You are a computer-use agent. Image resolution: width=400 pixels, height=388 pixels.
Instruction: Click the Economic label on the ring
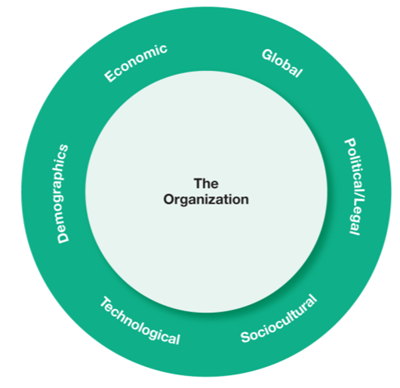(x=136, y=63)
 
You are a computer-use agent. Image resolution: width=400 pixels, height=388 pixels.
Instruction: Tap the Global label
(x=282, y=63)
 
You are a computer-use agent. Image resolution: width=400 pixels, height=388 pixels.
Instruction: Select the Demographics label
(x=63, y=194)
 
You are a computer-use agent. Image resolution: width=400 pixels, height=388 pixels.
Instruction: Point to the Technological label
(x=140, y=321)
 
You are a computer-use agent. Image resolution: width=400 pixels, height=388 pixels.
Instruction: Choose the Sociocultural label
(x=279, y=319)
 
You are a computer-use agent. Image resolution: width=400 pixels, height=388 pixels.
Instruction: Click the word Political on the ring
(x=355, y=167)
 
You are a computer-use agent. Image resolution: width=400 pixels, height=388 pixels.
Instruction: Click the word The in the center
(x=206, y=183)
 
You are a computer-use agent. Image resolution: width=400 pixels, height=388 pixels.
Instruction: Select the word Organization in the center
(x=206, y=199)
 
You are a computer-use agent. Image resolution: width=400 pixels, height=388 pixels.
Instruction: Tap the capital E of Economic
(x=110, y=75)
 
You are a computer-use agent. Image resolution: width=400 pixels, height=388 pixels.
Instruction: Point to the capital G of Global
(x=267, y=55)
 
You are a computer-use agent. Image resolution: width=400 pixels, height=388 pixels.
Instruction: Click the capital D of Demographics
(x=63, y=238)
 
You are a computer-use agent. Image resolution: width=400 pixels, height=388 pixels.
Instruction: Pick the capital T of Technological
(x=105, y=303)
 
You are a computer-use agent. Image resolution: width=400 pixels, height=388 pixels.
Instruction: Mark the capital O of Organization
(x=169, y=199)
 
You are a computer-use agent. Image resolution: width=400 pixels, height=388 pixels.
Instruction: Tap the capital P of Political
(x=349, y=143)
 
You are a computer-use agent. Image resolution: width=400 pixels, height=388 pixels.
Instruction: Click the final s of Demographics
(x=62, y=148)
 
